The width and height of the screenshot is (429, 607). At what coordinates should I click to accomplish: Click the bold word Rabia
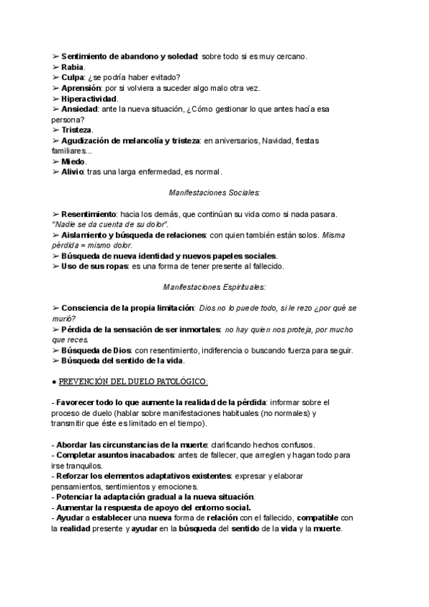pos(73,67)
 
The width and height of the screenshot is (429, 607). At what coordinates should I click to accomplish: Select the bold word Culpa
pos(73,77)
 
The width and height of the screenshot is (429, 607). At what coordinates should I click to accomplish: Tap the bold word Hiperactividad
pos(89,98)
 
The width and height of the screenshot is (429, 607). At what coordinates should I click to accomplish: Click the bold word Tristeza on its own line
pos(77,130)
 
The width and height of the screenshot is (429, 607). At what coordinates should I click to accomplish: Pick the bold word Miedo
pos(74,162)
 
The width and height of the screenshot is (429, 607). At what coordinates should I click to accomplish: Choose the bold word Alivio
pos(72,172)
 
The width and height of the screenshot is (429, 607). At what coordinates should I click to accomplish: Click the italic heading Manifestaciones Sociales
pos(214,193)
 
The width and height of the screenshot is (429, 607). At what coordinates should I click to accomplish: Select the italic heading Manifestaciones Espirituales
pos(214,287)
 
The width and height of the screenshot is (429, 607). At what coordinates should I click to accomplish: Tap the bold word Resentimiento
pos(89,214)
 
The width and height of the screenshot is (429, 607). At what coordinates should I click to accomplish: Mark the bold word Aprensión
pos(81,88)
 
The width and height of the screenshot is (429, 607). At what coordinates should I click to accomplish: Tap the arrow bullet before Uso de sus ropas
pos(56,266)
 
